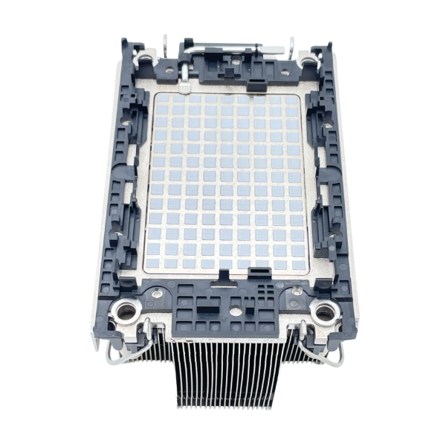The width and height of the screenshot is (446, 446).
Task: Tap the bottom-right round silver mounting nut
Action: click(323, 313)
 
